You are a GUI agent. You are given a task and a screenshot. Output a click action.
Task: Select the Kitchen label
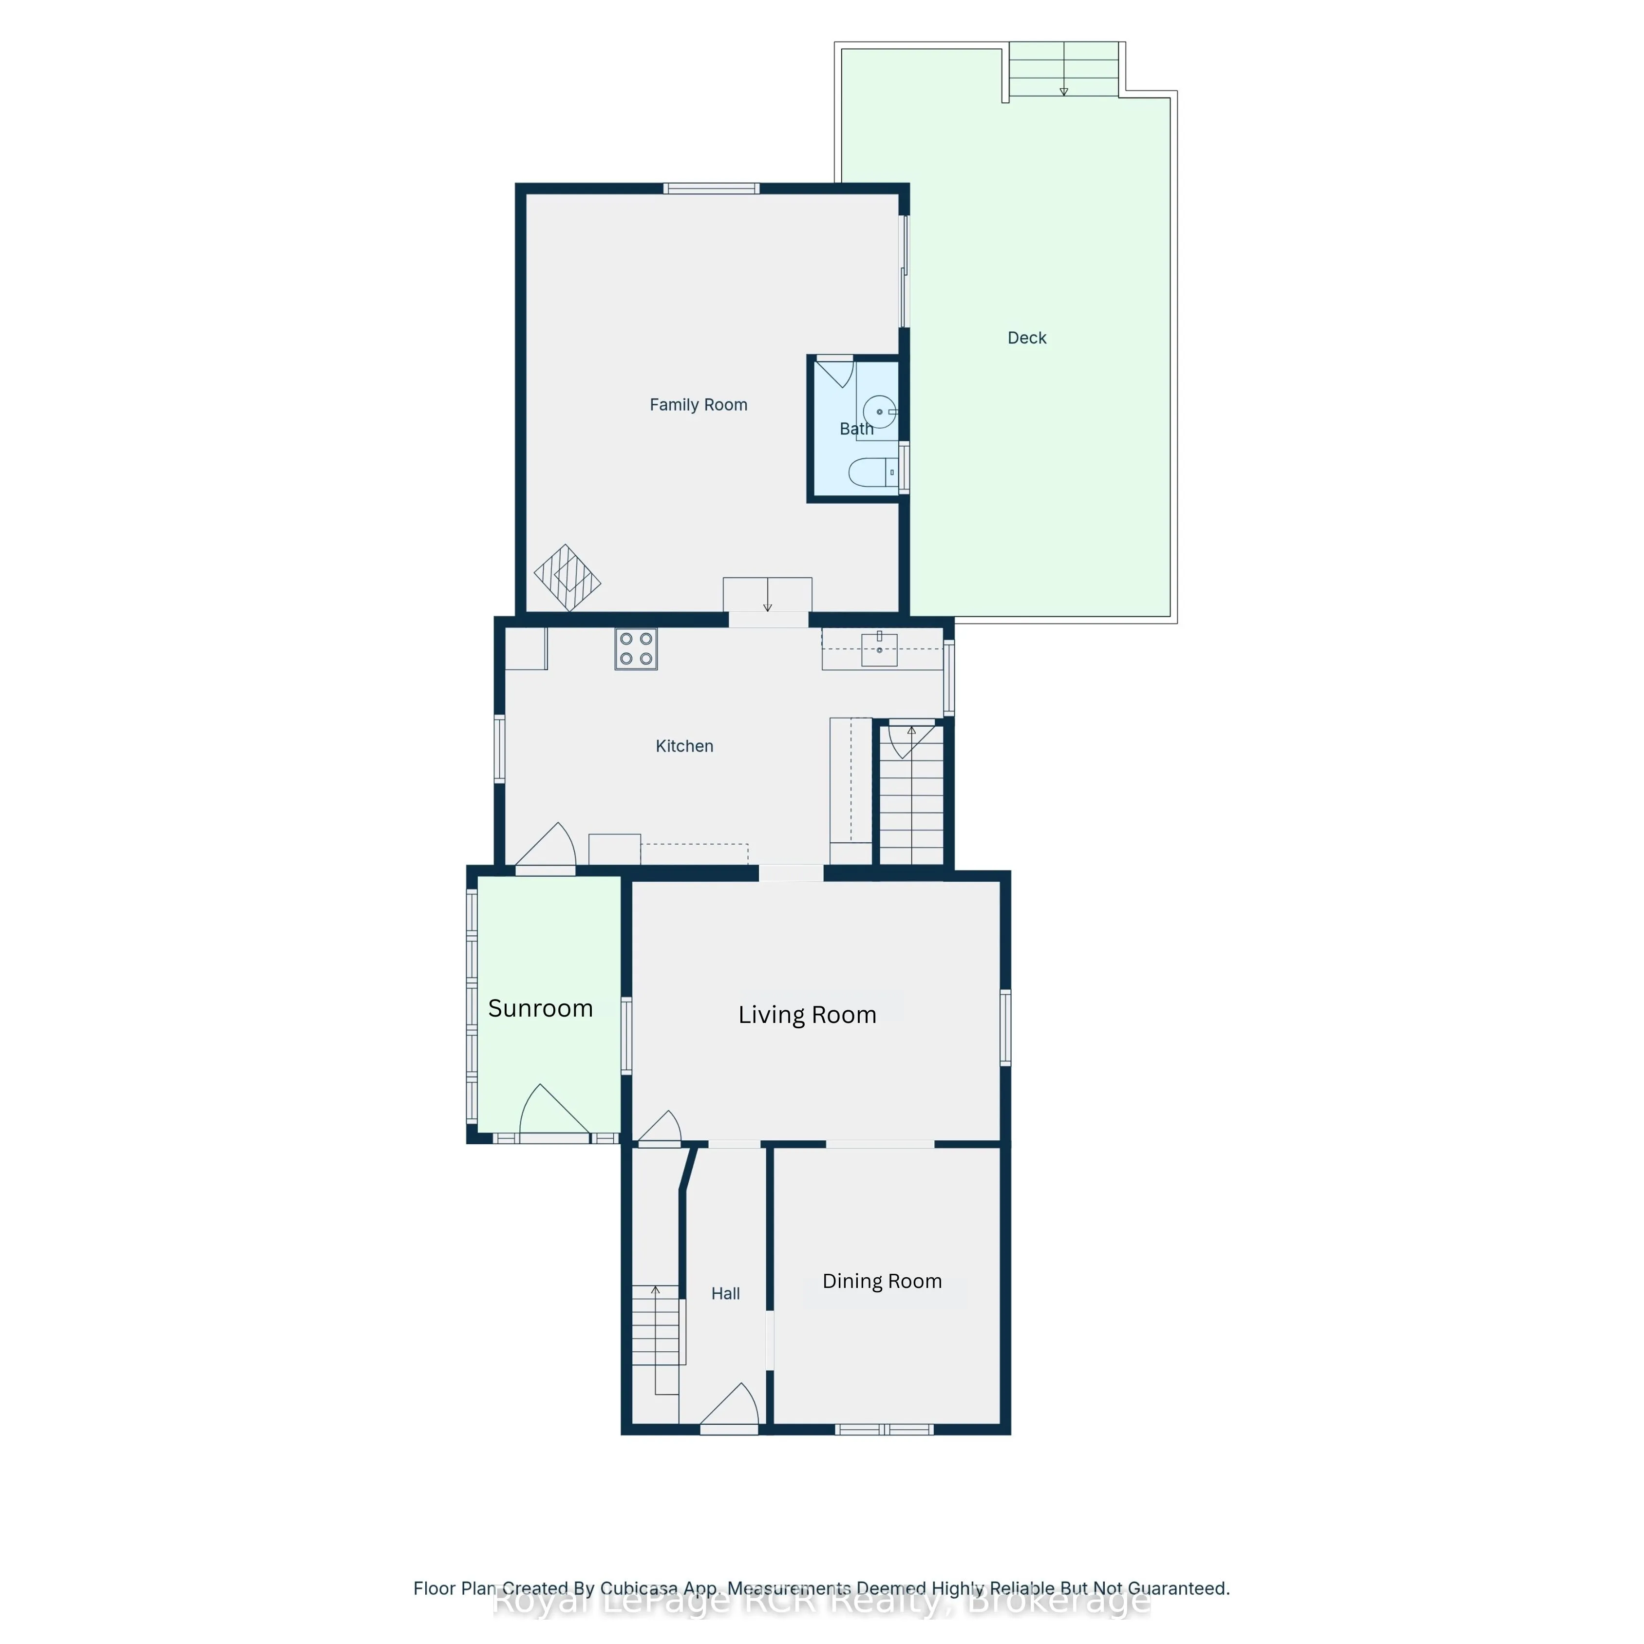point(684,746)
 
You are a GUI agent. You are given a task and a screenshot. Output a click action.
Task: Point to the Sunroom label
point(540,1008)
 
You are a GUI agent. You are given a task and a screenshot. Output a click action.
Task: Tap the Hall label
point(725,1293)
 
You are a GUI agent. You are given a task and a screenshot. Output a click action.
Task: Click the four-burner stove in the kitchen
point(636,649)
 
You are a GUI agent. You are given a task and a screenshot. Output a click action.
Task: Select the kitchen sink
point(879,650)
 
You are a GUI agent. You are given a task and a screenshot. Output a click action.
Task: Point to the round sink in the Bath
point(879,412)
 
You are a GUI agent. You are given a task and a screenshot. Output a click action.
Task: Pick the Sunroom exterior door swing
point(551,1111)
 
